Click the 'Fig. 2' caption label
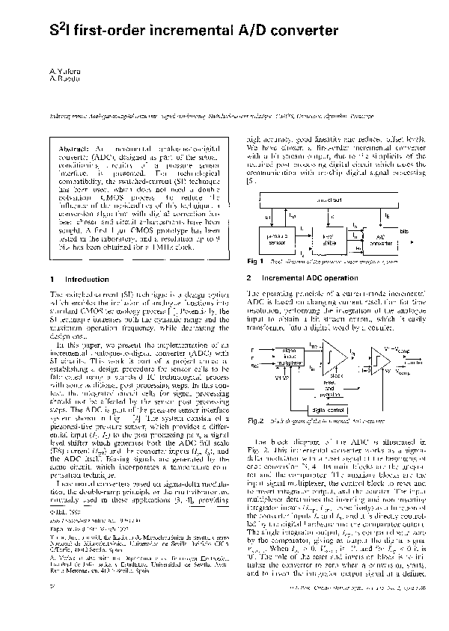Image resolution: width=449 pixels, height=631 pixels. (257, 400)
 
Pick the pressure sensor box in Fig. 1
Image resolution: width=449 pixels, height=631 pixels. (278, 237)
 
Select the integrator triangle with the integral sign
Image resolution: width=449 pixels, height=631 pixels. (331, 351)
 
